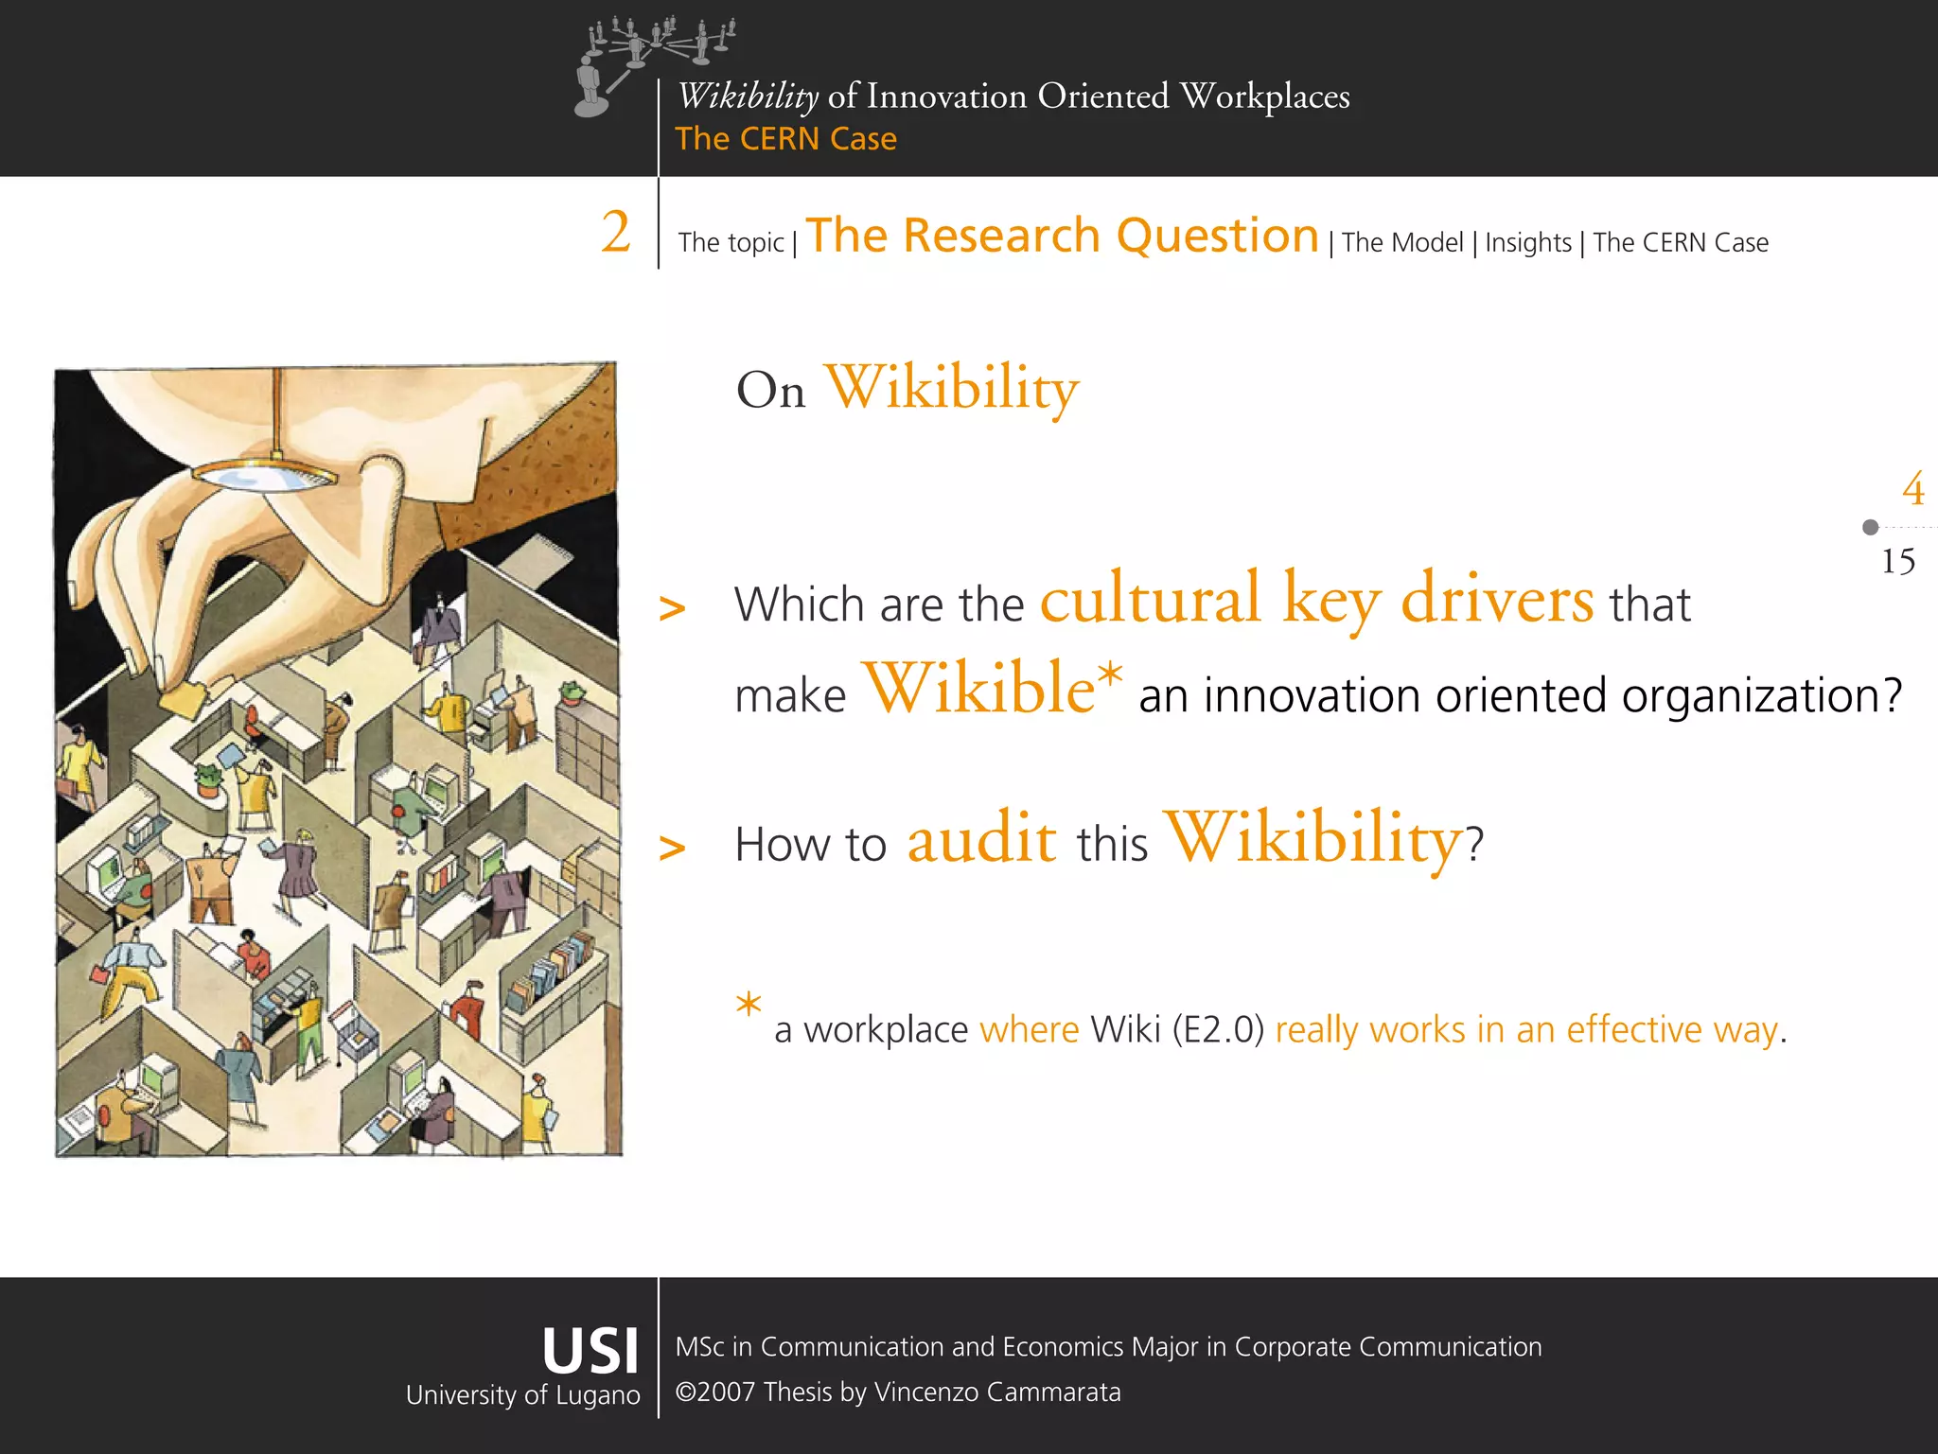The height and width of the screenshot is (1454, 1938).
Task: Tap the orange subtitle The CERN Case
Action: [785, 139]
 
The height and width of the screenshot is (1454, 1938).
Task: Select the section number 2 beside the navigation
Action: [616, 232]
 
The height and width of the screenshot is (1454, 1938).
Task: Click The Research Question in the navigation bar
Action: [1062, 236]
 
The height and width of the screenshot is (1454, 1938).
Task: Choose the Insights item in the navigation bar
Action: [1527, 243]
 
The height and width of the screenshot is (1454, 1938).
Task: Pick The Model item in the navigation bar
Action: [1401, 243]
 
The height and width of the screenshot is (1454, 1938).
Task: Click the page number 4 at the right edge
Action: [1912, 489]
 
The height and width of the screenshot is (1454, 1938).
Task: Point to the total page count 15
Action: [1897, 561]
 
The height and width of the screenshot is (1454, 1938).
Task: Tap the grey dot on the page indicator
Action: [1870, 527]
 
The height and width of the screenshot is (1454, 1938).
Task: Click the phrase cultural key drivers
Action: [1316, 600]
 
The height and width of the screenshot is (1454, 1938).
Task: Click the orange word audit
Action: [981, 839]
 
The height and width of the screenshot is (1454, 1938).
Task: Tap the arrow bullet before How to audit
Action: [672, 847]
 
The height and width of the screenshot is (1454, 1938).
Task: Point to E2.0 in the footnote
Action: [1219, 1029]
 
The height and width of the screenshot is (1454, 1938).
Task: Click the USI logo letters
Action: [590, 1350]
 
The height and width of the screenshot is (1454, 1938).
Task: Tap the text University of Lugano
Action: [522, 1395]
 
